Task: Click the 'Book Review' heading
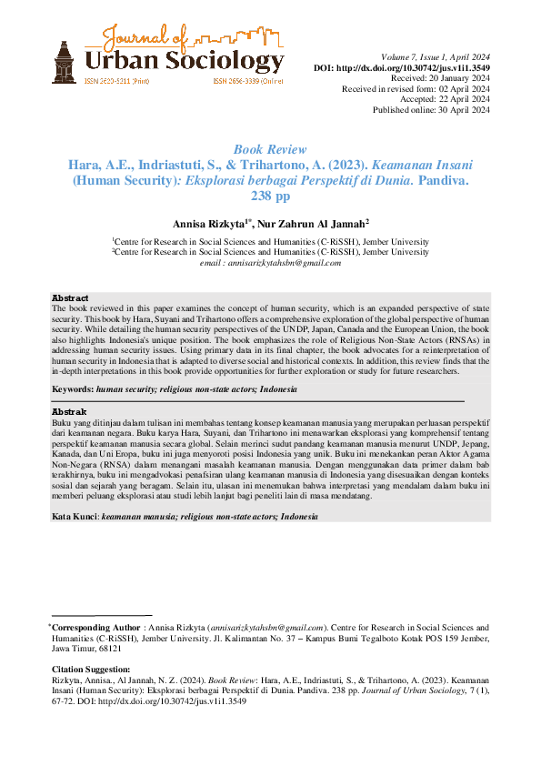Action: pos(270,149)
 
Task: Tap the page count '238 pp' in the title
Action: pos(270,196)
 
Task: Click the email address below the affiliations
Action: pos(270,262)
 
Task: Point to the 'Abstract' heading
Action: pos(70,298)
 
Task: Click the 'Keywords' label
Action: pos(73,388)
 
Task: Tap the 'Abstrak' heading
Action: pos(69,412)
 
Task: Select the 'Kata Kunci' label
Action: pos(75,516)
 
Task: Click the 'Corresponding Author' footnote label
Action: pos(95,628)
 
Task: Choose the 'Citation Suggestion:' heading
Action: pos(91,669)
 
